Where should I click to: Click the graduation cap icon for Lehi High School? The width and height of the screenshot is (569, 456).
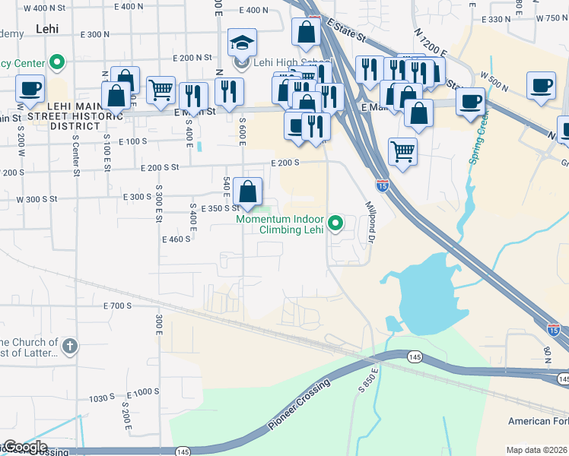[x=243, y=43]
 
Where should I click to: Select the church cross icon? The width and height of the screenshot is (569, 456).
[x=69, y=347]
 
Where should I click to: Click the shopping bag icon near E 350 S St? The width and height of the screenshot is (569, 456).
[x=248, y=192]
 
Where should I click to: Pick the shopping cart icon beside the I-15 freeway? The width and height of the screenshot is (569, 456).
[x=402, y=150]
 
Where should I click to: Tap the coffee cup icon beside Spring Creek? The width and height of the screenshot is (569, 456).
[x=470, y=101]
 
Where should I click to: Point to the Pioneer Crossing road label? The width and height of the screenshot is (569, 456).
[x=299, y=406]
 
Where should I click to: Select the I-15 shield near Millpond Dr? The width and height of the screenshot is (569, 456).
[x=383, y=185]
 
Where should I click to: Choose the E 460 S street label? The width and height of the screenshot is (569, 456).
[x=176, y=239]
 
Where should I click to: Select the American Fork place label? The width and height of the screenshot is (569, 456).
[x=538, y=421]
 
